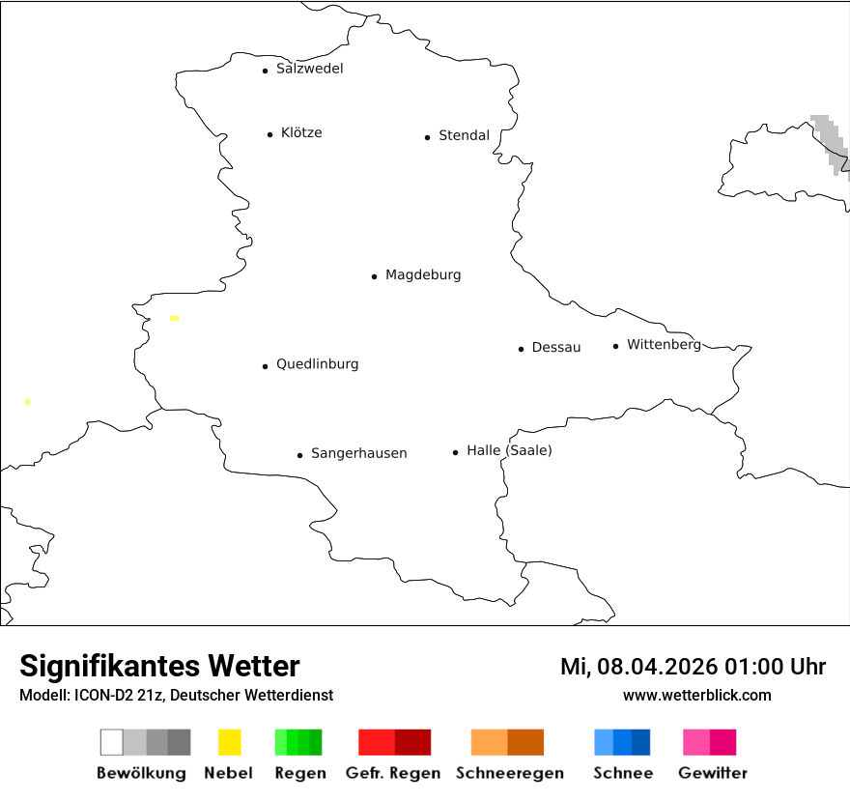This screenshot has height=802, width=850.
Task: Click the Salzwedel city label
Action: [309, 69]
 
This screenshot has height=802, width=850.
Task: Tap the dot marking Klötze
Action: [269, 134]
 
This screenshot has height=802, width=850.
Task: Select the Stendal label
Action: [464, 135]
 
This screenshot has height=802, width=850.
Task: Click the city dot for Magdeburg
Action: [374, 276]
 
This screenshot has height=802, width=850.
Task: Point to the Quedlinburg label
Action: [317, 364]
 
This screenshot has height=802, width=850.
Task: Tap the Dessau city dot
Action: [521, 349]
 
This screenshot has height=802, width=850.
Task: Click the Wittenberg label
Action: [664, 344]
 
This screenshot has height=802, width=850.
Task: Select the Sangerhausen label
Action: [358, 453]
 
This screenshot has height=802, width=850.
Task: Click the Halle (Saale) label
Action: [509, 450]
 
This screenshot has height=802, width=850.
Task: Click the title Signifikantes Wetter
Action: [159, 667]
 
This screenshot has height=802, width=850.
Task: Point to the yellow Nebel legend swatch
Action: [230, 742]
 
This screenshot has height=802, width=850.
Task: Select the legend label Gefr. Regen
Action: [394, 773]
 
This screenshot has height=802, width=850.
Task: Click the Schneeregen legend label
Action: [507, 773]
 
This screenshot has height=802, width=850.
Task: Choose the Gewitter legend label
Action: [713, 773]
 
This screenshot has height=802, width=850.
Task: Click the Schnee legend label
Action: [622, 773]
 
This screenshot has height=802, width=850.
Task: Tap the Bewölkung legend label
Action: [141, 773]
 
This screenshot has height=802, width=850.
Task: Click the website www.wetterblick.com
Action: [696, 695]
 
